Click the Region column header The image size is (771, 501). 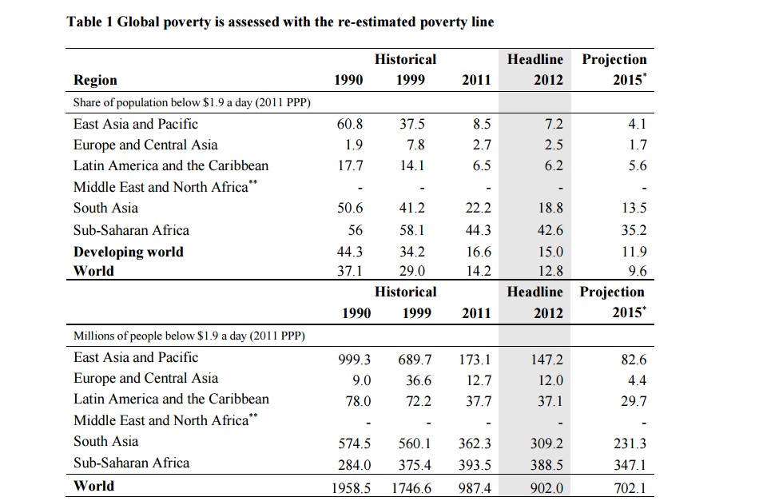tap(95, 80)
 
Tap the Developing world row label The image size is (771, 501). tap(128, 252)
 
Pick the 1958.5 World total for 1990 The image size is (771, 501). tap(352, 487)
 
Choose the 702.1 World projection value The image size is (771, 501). tap(630, 487)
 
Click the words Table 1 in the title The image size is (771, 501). tap(90, 22)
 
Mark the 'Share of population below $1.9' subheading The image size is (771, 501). tap(192, 102)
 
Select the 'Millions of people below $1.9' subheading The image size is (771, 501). tap(189, 336)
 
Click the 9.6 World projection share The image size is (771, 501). tap(637, 270)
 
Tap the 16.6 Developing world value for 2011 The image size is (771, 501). tap(478, 252)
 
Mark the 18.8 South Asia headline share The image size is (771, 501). tap(550, 209)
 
